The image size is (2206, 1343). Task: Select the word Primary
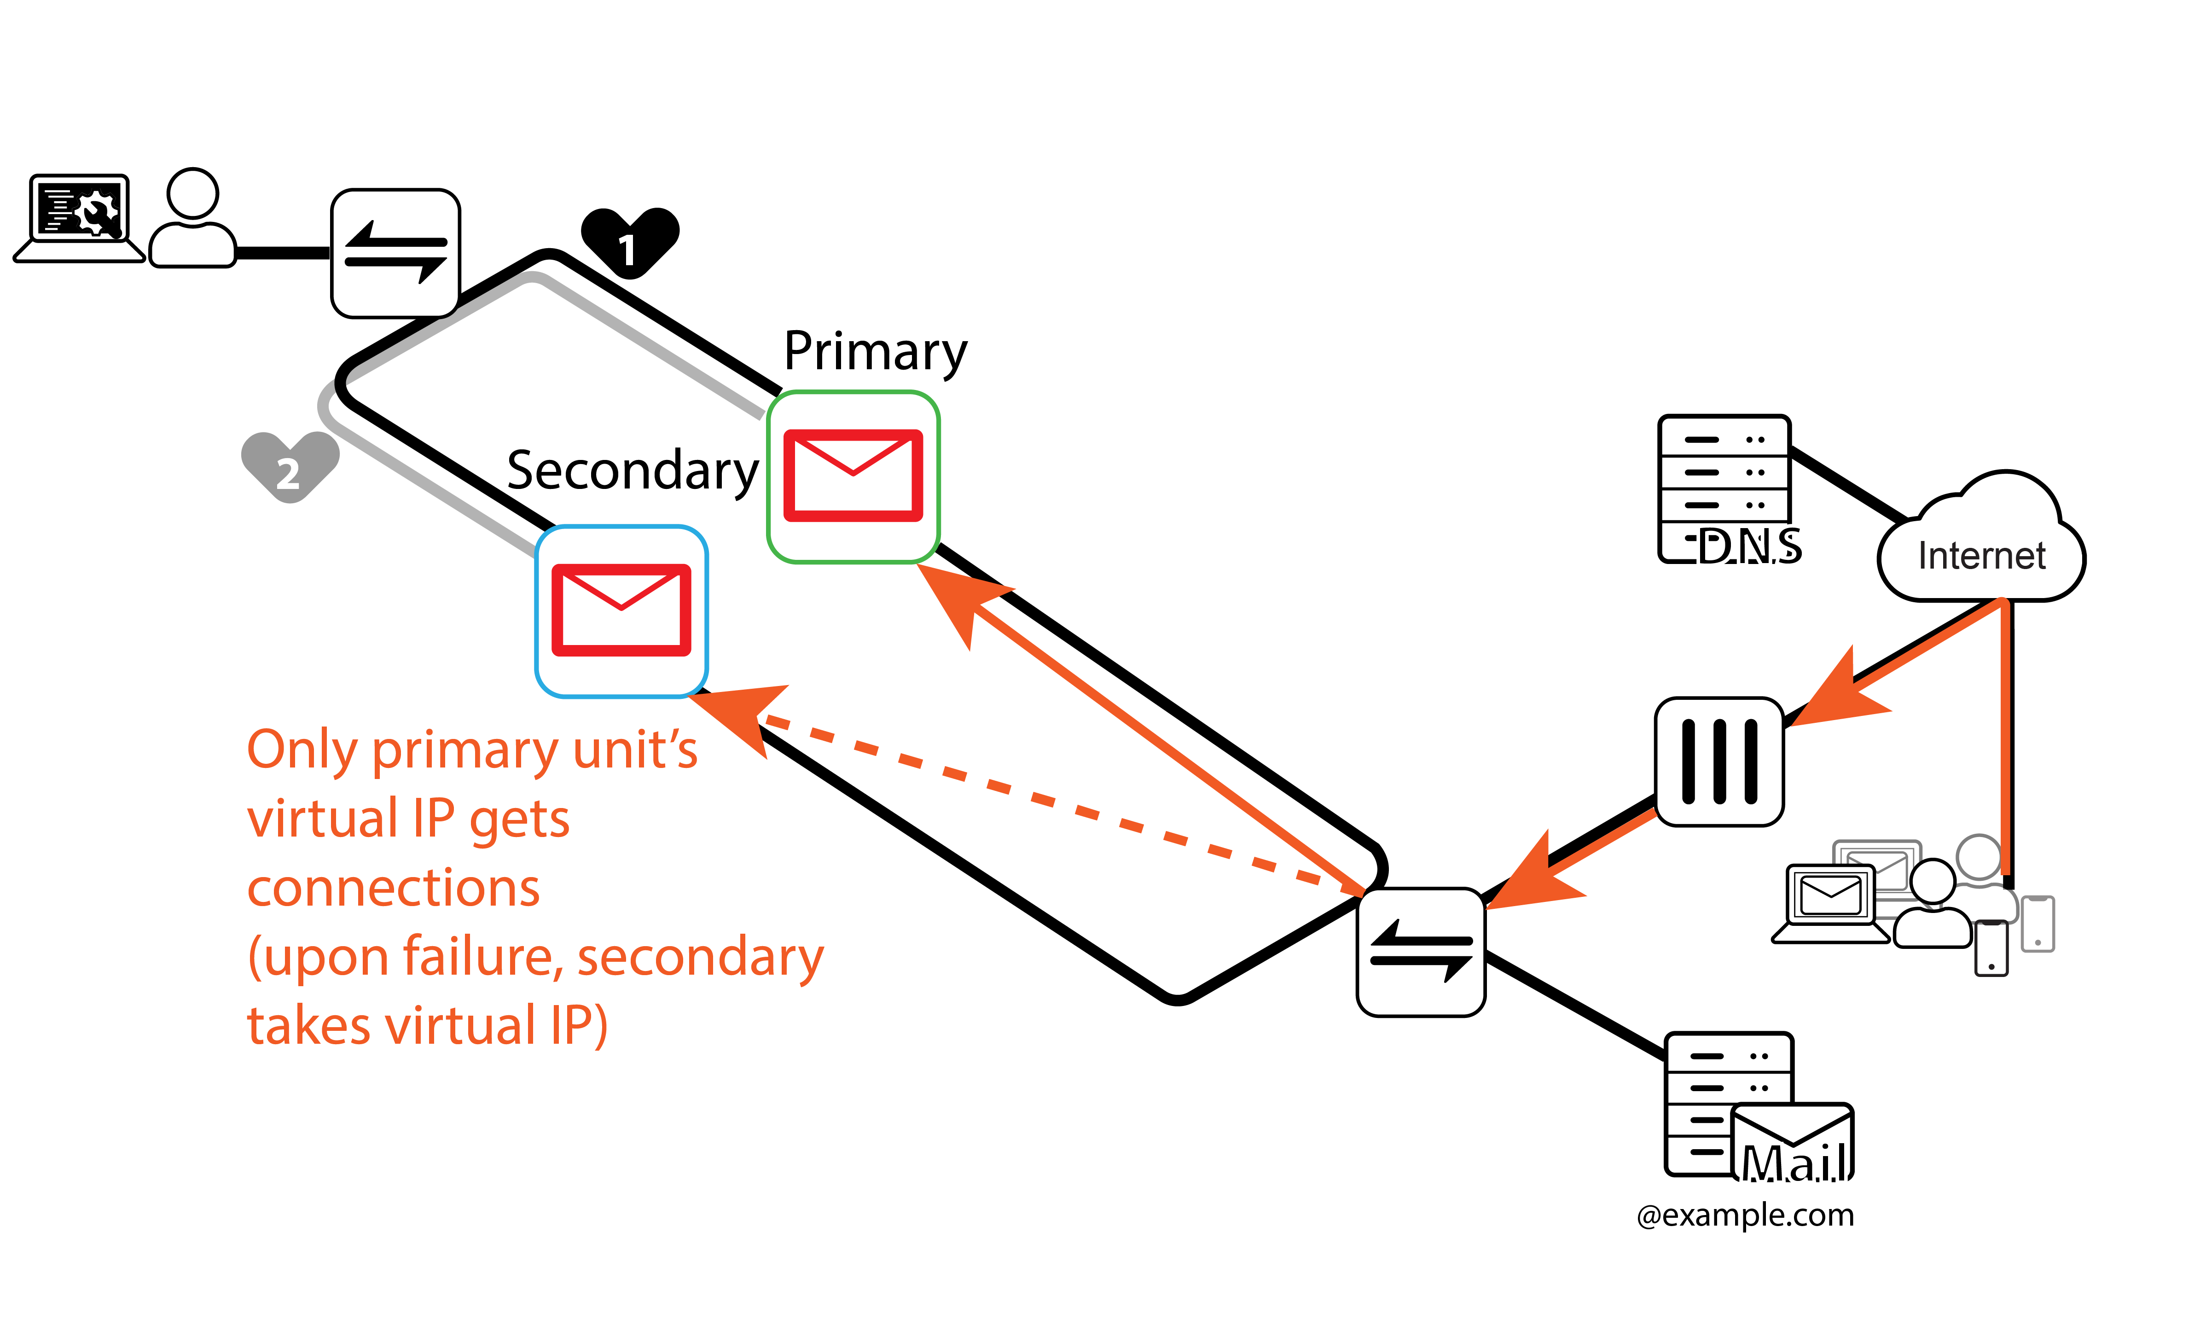(x=875, y=351)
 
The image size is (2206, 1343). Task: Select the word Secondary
(x=632, y=470)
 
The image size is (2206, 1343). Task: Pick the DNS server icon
(x=1724, y=488)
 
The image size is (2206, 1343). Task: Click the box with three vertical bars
(x=1719, y=761)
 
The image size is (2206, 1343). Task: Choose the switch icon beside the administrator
(x=396, y=253)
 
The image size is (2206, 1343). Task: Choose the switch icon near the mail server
(x=1421, y=952)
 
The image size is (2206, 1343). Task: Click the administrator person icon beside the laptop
(x=192, y=219)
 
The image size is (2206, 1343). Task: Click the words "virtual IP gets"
(x=408, y=818)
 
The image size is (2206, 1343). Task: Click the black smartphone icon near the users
(x=1991, y=947)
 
